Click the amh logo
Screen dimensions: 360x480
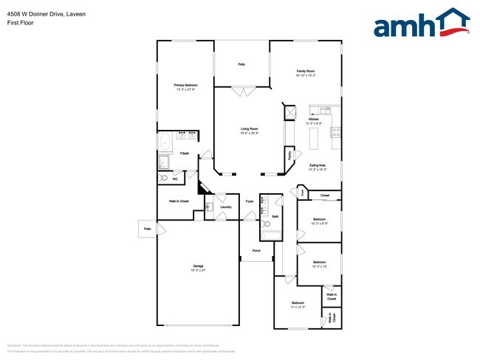click(x=422, y=24)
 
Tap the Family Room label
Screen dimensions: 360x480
click(x=305, y=71)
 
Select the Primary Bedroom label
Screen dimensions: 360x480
click(x=185, y=86)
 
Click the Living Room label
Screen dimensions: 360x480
click(x=248, y=128)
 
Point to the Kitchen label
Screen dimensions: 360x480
click(x=313, y=120)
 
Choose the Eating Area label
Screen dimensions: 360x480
click(x=318, y=165)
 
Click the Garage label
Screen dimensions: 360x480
click(x=198, y=266)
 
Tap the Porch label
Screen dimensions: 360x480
click(x=256, y=251)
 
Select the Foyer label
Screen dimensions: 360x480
click(x=250, y=201)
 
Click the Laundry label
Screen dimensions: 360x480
click(x=226, y=207)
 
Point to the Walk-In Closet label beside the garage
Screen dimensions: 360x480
click(x=178, y=201)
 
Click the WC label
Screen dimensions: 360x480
click(x=175, y=179)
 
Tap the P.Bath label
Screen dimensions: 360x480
click(x=184, y=153)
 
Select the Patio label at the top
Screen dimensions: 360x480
click(x=241, y=65)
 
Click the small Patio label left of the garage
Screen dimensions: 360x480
click(x=147, y=229)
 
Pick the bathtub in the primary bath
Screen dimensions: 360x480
click(x=164, y=142)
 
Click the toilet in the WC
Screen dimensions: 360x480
click(x=163, y=179)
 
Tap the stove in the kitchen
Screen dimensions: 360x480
click(x=336, y=133)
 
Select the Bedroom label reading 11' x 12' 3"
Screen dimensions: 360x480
click(x=298, y=304)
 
